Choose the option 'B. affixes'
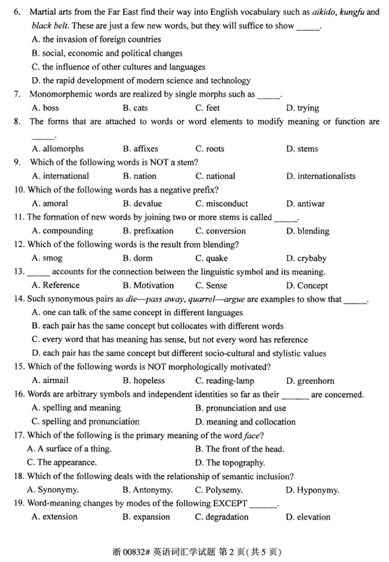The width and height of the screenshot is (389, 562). click(x=140, y=149)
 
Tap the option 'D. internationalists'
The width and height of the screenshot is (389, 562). click(x=321, y=176)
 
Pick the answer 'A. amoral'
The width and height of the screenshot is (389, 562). click(x=49, y=204)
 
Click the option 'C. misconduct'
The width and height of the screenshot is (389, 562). click(x=222, y=204)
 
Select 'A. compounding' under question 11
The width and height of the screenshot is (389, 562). click(x=62, y=231)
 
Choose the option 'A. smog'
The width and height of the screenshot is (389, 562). click(x=47, y=258)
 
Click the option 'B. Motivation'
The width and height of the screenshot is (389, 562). click(x=148, y=286)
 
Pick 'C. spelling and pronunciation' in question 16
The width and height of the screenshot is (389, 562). click(x=85, y=422)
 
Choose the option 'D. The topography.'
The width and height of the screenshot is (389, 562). click(x=230, y=463)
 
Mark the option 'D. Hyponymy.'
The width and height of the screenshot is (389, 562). click(x=312, y=490)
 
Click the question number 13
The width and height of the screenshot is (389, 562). click(x=19, y=272)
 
